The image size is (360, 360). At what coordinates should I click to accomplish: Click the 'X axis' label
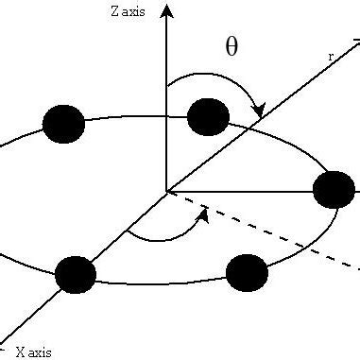click(x=32, y=351)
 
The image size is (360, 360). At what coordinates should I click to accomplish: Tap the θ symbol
click(x=231, y=47)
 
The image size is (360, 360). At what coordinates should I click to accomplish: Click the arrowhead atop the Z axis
click(x=167, y=9)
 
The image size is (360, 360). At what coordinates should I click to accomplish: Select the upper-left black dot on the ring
click(x=64, y=124)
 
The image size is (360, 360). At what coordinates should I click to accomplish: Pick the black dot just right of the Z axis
click(x=208, y=117)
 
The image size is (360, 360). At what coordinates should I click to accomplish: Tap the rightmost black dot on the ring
click(x=334, y=190)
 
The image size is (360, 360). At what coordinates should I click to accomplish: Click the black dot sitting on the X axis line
click(x=76, y=274)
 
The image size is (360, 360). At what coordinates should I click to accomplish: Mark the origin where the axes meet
click(x=167, y=191)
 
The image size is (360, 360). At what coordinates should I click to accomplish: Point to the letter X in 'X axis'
click(x=21, y=351)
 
